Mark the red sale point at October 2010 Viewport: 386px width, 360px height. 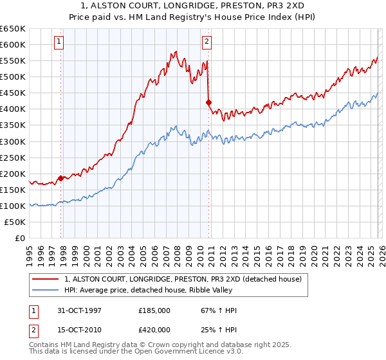coord(208,102)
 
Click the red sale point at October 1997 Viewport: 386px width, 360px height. coord(61,178)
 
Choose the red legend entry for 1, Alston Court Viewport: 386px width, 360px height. coord(187,279)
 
